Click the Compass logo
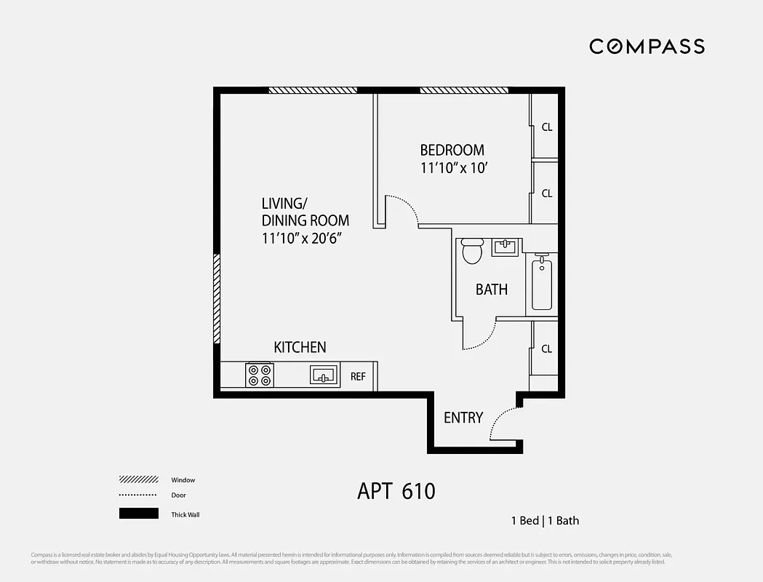(x=647, y=47)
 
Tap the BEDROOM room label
(x=452, y=151)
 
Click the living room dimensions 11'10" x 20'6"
(x=302, y=238)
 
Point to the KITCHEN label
(x=300, y=348)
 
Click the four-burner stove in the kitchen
(x=260, y=375)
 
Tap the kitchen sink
(x=323, y=375)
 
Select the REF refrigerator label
(x=358, y=377)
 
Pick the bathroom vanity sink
(x=506, y=247)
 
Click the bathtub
(x=542, y=284)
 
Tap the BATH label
(x=492, y=290)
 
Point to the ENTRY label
(x=463, y=418)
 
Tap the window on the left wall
(x=216, y=298)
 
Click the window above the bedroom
(x=463, y=90)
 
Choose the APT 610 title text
(x=396, y=491)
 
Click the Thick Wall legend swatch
(x=138, y=514)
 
